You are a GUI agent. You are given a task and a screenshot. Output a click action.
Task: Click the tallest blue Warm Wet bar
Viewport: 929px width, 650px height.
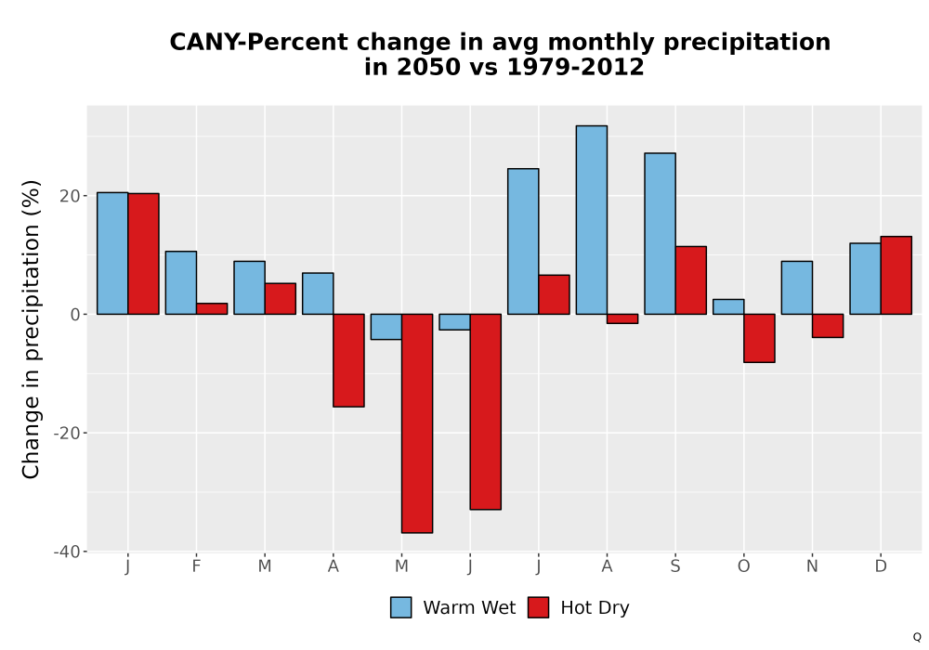pyautogui.click(x=591, y=220)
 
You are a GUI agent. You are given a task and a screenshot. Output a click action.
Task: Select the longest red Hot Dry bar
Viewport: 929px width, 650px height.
pyautogui.click(x=417, y=423)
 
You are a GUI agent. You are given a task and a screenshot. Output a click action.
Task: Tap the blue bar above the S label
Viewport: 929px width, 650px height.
pyautogui.click(x=660, y=233)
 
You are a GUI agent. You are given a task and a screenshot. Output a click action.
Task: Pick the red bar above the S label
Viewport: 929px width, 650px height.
pyautogui.click(x=691, y=280)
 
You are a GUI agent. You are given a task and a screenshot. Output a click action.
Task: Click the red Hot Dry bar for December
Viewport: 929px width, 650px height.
pyautogui.click(x=896, y=275)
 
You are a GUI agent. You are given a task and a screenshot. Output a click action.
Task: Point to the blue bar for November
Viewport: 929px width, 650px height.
pyautogui.click(x=797, y=288)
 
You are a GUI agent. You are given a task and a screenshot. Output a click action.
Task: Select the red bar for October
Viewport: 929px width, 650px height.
pyautogui.click(x=760, y=338)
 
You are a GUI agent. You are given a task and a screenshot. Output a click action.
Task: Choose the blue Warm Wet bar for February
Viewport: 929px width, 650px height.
pyautogui.click(x=181, y=283)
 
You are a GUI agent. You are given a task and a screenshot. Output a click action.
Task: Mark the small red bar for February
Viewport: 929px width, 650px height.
pyautogui.click(x=212, y=308)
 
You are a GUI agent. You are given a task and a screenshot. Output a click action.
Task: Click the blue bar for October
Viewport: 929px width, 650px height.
pyautogui.click(x=728, y=306)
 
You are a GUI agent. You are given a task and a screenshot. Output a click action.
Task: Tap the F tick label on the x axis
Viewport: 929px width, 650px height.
pyautogui.click(x=196, y=566)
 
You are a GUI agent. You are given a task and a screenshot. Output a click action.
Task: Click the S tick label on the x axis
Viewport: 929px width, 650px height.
pyautogui.click(x=675, y=566)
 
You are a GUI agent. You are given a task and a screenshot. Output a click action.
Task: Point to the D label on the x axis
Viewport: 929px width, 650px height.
pyautogui.click(x=881, y=566)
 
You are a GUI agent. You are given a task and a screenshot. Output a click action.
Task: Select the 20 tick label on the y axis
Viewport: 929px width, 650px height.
pyautogui.click(x=70, y=196)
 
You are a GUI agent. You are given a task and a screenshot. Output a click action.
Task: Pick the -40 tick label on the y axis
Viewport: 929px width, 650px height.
pyautogui.click(x=67, y=552)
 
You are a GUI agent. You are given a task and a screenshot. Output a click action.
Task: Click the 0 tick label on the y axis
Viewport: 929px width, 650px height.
pyautogui.click(x=75, y=315)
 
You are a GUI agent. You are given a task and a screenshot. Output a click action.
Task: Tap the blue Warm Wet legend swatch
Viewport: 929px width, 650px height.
pyautogui.click(x=401, y=607)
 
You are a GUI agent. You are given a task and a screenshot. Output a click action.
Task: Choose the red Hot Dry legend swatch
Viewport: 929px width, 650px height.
pyautogui.click(x=538, y=607)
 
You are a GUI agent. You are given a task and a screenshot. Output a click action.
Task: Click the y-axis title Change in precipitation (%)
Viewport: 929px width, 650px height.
pyautogui.click(x=31, y=329)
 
